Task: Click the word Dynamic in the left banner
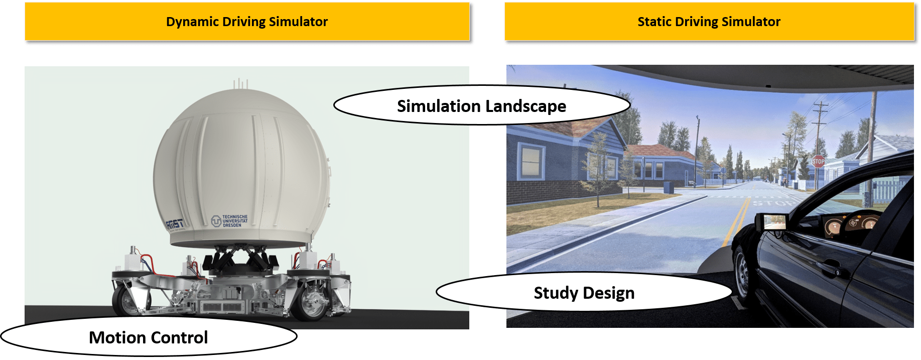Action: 189,22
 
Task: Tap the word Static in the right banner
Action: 654,22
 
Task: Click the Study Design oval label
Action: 584,293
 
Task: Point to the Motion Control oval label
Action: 148,337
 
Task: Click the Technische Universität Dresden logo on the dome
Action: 230,221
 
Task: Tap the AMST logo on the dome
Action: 175,224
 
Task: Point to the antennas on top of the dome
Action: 240,83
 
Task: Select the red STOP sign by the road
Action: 818,161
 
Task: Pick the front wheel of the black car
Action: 742,274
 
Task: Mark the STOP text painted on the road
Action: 773,203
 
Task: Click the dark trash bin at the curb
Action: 669,187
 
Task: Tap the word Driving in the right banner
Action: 696,22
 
